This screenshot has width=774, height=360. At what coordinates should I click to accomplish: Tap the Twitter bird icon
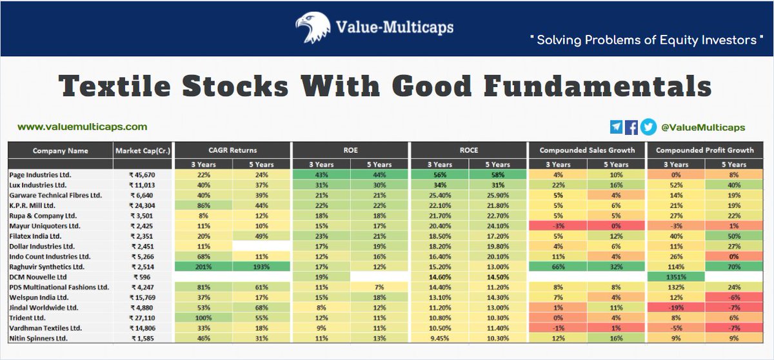[x=648, y=127]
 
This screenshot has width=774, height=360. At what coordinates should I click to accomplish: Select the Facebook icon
[x=632, y=127]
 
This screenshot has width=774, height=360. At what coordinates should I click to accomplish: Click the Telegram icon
[x=616, y=127]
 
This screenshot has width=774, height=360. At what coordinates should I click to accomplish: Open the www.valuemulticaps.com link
[x=82, y=127]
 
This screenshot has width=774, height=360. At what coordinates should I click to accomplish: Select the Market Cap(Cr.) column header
[x=143, y=151]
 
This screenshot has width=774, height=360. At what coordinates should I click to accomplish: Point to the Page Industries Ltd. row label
[x=41, y=175]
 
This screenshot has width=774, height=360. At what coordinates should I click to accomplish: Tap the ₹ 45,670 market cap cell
[x=143, y=175]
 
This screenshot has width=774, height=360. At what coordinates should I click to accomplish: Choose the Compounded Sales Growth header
[x=588, y=150]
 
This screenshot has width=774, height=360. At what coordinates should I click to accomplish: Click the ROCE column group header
[x=470, y=150]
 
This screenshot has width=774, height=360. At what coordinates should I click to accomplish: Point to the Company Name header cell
[x=60, y=151]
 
